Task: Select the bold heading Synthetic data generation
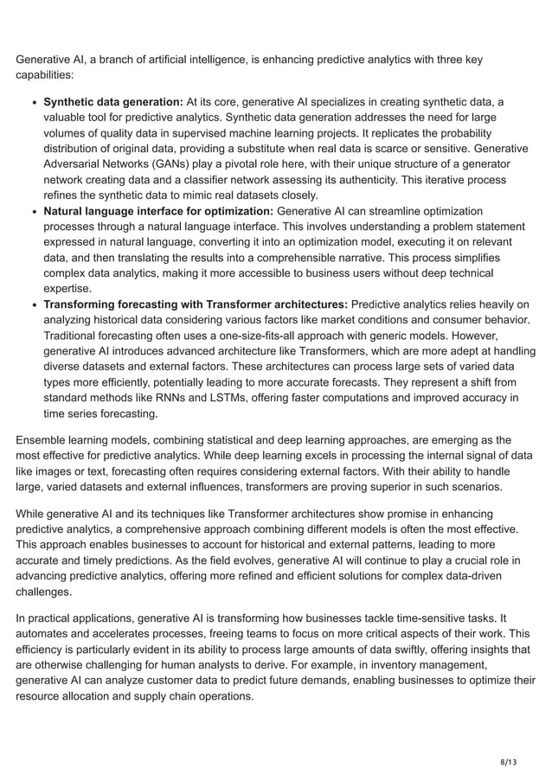(112, 102)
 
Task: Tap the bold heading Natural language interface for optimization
(158, 211)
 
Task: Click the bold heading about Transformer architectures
(196, 304)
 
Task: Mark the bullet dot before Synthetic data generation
(33, 102)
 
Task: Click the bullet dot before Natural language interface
(33, 211)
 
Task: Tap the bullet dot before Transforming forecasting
(33, 304)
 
